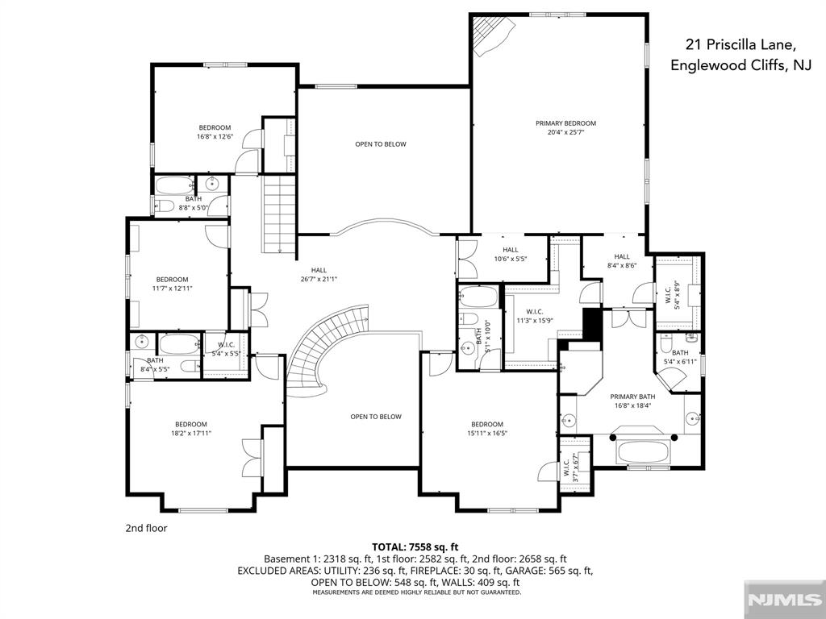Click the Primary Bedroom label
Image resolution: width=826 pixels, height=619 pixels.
[x=565, y=123]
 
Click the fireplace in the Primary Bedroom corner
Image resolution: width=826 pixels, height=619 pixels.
[x=491, y=35]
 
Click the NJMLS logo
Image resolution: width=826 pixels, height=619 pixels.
[x=784, y=600]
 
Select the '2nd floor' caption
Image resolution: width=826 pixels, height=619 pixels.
[x=146, y=528]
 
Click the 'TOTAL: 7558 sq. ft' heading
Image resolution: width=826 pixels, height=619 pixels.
[x=415, y=547]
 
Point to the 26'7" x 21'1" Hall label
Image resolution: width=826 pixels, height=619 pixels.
[x=319, y=275]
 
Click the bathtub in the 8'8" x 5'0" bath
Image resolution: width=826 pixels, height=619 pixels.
[x=175, y=185]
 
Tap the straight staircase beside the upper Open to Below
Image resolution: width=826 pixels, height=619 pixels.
[x=280, y=214]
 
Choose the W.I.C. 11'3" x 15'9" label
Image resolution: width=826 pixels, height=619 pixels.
[x=534, y=316]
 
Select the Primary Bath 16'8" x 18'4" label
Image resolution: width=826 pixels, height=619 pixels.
[x=632, y=401]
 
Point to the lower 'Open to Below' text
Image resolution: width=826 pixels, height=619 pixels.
[x=376, y=417]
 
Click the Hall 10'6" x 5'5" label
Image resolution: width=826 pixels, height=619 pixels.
[x=511, y=255]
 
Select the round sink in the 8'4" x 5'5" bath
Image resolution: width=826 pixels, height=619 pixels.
[x=142, y=342]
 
